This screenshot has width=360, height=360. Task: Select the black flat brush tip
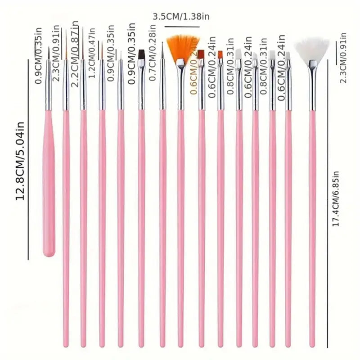141,55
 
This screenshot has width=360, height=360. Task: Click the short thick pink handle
49,189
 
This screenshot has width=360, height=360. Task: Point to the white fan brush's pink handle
312,225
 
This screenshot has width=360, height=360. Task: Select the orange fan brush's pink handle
180,225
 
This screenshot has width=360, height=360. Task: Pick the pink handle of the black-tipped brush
141,225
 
